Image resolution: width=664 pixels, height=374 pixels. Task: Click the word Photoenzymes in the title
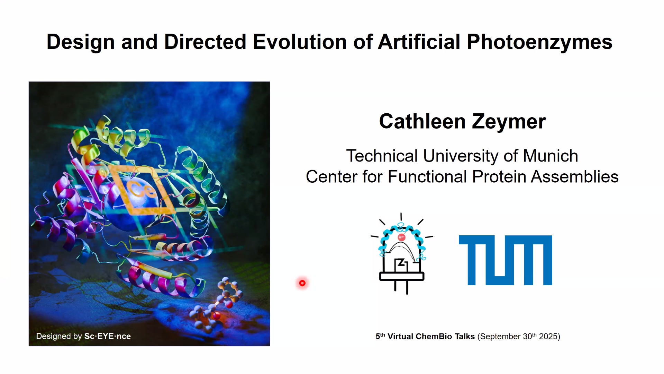point(540,42)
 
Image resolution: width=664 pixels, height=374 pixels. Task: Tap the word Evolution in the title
point(300,42)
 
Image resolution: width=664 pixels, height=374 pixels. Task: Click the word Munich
point(550,156)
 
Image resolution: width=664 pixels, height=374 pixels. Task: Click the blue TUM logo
point(505,260)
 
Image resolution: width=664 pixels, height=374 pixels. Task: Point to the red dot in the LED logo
point(401,237)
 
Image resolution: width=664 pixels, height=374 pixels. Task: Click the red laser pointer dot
point(302,283)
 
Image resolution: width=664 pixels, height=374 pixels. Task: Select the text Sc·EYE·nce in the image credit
point(108,336)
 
